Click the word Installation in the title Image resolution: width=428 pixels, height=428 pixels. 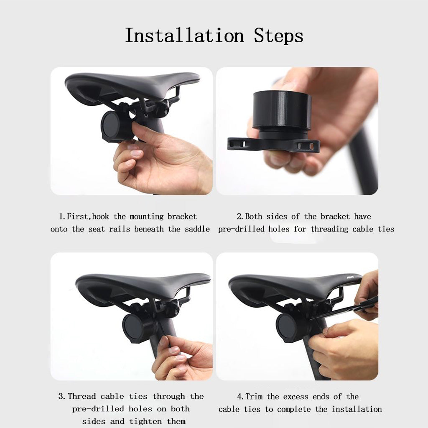pos(184,36)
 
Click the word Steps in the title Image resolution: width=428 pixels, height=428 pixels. pos(278,36)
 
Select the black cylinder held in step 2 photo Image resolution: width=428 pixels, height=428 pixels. pos(282,110)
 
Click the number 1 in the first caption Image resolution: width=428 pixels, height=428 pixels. pos(61,217)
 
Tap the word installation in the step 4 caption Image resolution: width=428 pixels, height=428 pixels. pos(357,409)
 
